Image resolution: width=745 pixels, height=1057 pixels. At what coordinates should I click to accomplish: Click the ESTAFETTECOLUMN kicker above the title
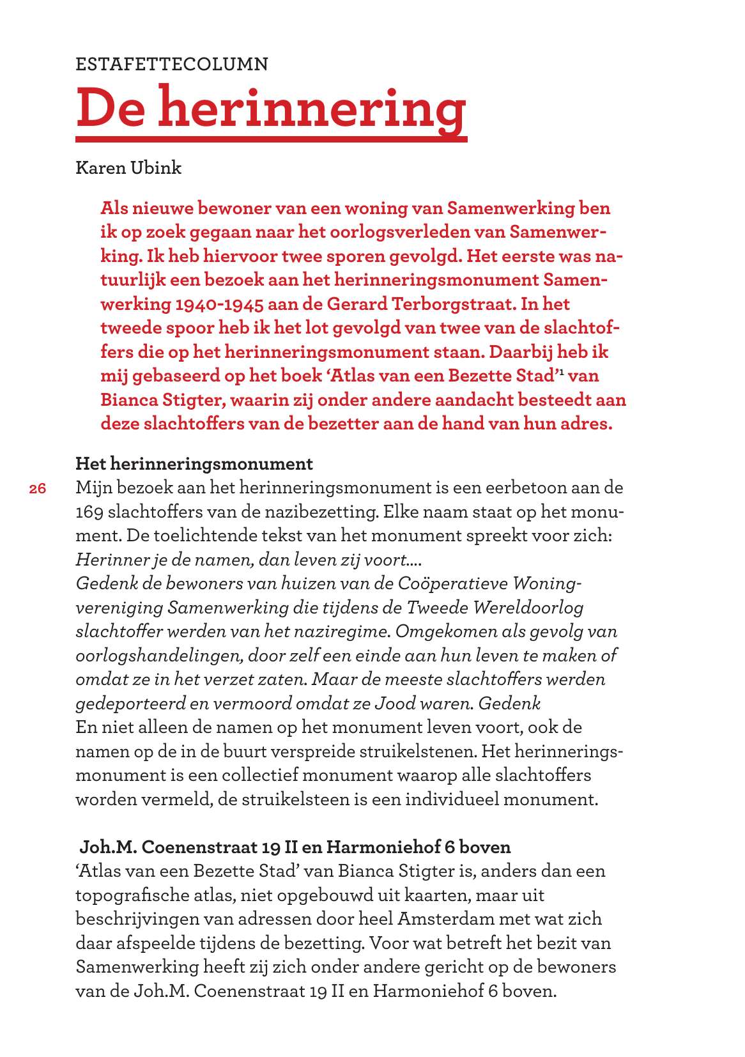[172, 65]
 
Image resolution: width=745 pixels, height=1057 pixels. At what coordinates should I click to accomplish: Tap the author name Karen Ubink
[128, 168]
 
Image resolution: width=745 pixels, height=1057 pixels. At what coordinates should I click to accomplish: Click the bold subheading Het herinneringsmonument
[194, 463]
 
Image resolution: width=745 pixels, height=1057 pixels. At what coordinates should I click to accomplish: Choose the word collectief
[260, 776]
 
